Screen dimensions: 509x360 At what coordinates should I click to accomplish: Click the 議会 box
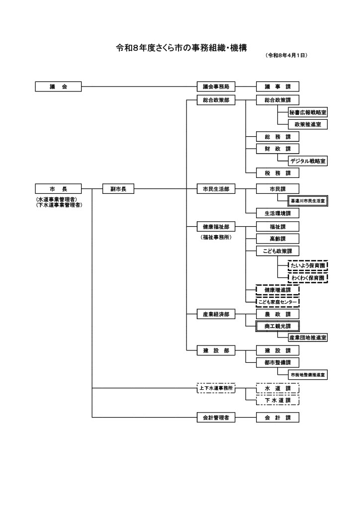58,86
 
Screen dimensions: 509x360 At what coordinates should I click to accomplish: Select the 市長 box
58,189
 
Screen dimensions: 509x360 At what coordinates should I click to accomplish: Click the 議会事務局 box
216,86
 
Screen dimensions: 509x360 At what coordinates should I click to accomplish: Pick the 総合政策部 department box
216,100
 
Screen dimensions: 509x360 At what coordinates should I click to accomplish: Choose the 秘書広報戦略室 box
308,113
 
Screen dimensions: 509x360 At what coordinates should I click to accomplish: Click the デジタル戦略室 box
308,161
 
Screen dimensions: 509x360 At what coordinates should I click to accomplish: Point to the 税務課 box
277,173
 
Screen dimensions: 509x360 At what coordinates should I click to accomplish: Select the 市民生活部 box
216,189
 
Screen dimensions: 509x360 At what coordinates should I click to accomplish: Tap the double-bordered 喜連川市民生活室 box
308,201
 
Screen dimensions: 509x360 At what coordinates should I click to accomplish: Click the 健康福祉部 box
216,227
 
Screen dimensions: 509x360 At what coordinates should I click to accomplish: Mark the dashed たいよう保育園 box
308,266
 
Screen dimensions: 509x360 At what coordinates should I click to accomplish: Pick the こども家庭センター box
277,301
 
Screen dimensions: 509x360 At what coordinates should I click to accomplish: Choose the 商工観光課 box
277,326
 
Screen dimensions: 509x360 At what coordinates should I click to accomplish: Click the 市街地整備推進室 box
308,374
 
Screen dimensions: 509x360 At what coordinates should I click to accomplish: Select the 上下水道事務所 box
216,388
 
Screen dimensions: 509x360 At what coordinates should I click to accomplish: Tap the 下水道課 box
277,400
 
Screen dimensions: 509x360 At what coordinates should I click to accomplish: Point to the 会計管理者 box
216,418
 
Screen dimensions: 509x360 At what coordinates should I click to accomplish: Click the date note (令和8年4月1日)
287,56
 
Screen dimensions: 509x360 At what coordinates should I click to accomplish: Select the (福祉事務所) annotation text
216,237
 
